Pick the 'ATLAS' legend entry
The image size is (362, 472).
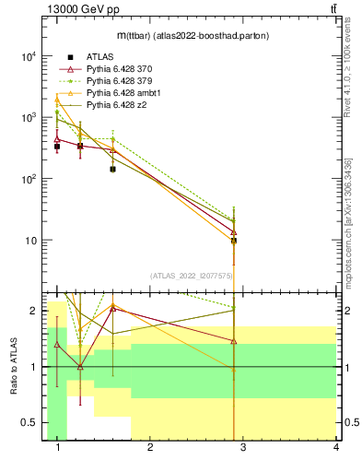point(99,57)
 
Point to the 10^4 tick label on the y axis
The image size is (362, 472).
point(27,56)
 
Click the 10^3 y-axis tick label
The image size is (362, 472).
point(27,118)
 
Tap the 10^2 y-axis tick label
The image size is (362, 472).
point(27,179)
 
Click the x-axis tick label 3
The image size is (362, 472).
point(243,447)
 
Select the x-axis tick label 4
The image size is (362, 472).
point(336,447)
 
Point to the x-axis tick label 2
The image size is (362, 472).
point(150,447)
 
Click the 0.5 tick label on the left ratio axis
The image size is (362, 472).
point(29,422)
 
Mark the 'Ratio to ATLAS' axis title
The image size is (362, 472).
point(13,367)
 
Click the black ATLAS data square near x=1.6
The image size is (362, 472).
point(112,170)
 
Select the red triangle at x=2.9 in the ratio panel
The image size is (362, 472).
point(234,341)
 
